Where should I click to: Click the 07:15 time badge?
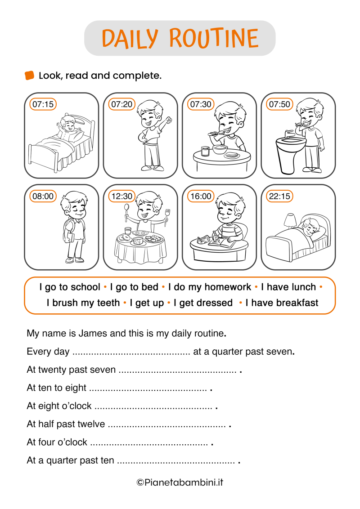43,104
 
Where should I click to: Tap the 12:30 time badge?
122,196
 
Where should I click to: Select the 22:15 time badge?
279,196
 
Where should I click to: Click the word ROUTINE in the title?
215,38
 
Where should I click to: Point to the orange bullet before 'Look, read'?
30,76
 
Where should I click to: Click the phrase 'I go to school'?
70,287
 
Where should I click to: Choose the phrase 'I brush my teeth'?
83,303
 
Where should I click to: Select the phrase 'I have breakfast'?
282,303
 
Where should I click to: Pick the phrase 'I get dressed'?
203,303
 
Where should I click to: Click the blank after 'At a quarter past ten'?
175,461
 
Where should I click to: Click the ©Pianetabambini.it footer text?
180,482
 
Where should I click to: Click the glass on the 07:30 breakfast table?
205,151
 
